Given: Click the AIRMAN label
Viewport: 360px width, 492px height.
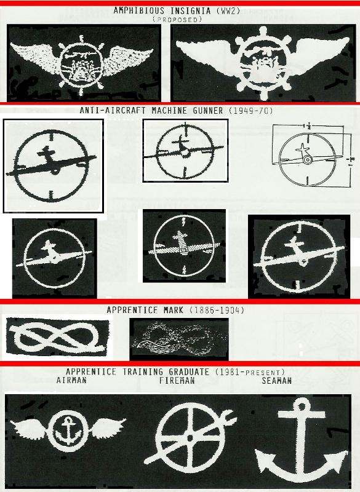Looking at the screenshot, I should pos(71,381).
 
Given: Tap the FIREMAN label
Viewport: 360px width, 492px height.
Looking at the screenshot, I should pos(178,381).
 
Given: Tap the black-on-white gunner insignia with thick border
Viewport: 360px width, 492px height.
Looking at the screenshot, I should pos(53,165).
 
